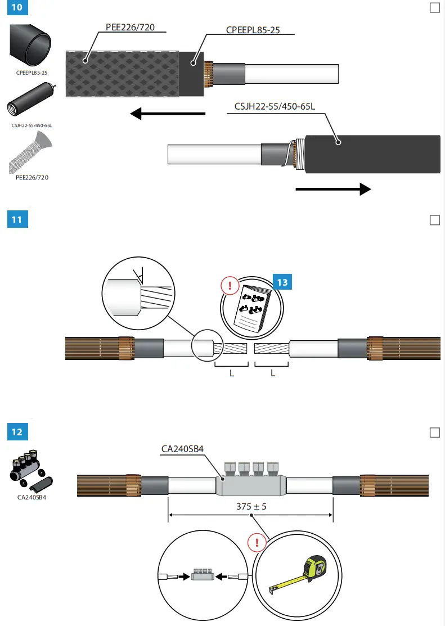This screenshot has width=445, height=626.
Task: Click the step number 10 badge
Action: point(16,8)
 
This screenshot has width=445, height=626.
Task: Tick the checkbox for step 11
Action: point(434,220)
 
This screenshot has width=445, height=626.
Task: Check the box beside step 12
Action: point(434,433)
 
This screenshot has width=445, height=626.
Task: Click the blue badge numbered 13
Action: point(282,282)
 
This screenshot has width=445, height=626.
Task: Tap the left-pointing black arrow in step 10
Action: point(167,114)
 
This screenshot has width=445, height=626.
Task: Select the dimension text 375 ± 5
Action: point(251,507)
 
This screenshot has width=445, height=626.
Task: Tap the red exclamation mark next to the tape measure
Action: point(257,543)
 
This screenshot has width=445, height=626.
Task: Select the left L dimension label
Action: point(232,373)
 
